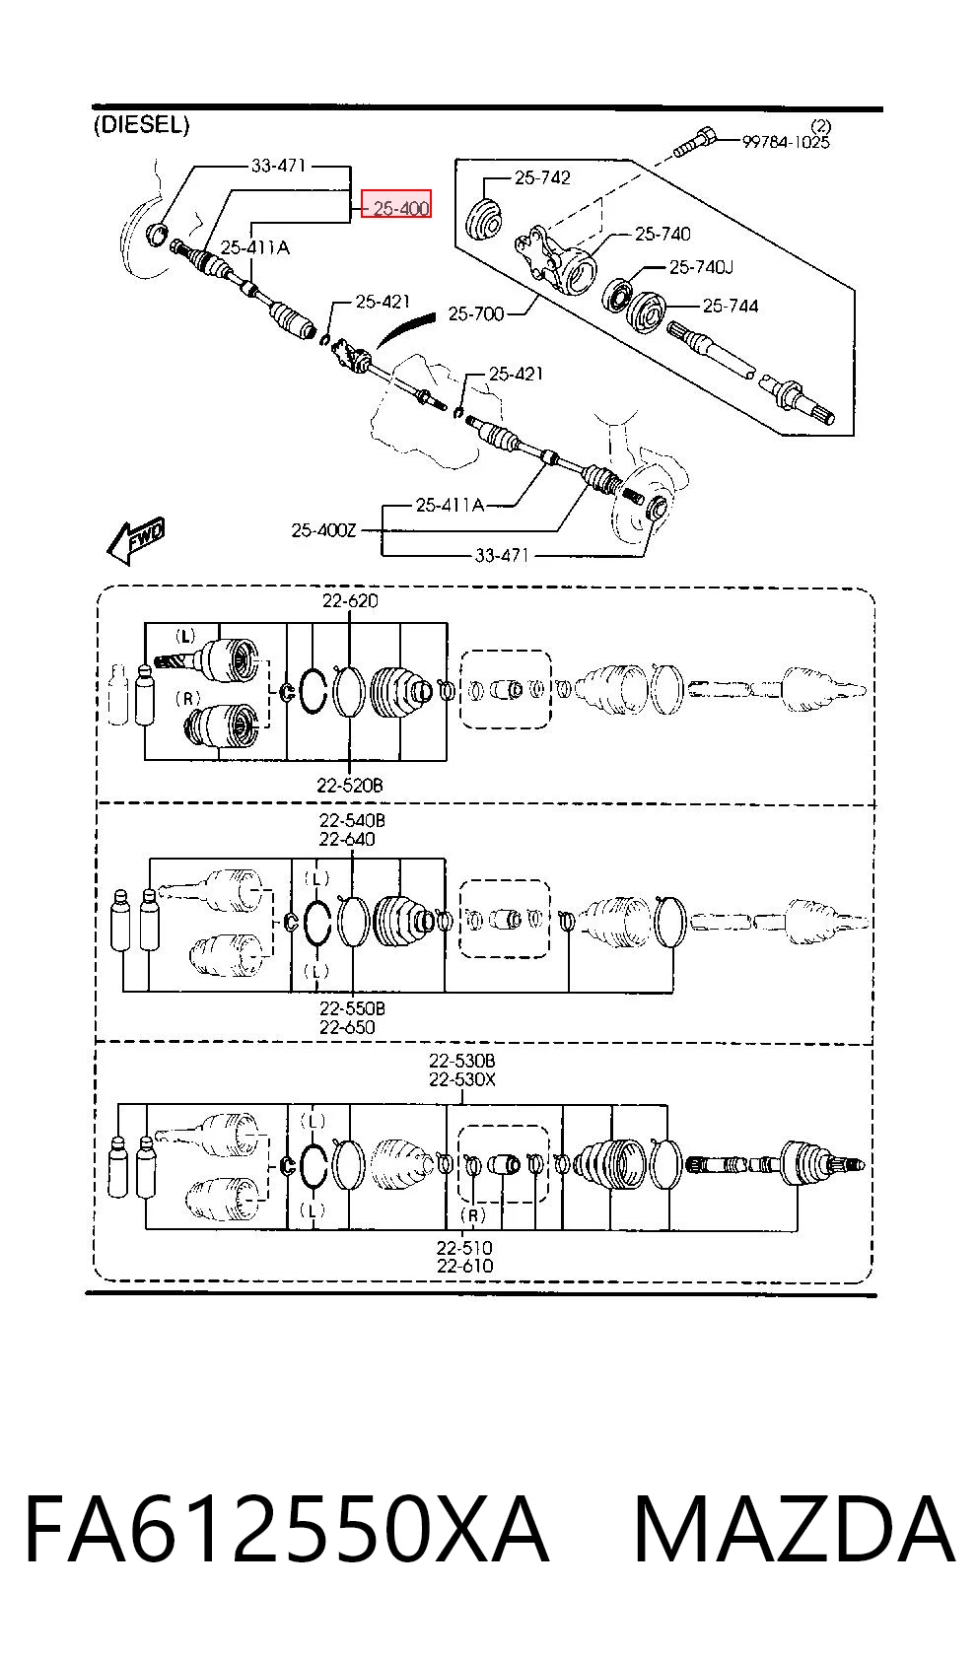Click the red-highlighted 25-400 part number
coord(396,203)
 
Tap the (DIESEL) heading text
coord(141,125)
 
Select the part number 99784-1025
coord(786,142)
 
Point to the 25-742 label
coord(542,177)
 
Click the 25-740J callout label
coord(701,267)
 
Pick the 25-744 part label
coord(731,306)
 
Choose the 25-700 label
coord(476,313)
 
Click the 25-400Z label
coord(323,530)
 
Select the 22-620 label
coord(350,600)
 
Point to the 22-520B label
coord(350,786)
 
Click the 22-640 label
coord(347,840)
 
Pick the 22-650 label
coord(347,1026)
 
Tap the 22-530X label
coord(462,1079)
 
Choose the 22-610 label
coord(464,1266)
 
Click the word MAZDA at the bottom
coord(795,1529)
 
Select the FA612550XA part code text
coord(287,1529)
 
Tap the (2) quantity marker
coord(821,126)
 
